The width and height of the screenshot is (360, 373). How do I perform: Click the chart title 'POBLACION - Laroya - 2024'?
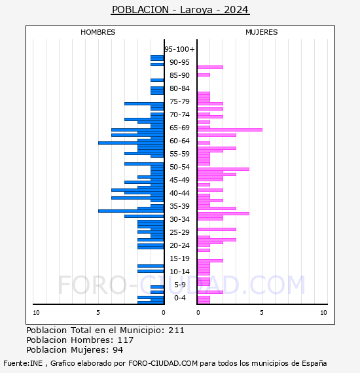[x=180, y=10]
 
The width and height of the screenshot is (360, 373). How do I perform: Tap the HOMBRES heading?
[x=98, y=32]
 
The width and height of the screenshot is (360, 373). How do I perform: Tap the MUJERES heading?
[x=262, y=32]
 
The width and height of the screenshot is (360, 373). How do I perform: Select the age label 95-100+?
[x=179, y=49]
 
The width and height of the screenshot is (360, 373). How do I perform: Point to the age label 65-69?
[x=179, y=128]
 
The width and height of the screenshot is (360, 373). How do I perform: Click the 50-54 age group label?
[x=179, y=167]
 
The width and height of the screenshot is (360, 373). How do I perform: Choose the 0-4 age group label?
[x=180, y=298]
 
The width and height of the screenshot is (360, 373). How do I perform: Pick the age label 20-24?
[x=179, y=245]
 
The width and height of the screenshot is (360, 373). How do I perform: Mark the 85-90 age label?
[x=179, y=75]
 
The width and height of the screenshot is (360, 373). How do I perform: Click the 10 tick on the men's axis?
[x=36, y=313]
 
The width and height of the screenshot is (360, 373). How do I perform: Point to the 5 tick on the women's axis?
[x=262, y=313]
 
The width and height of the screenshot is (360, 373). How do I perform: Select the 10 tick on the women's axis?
[x=323, y=313]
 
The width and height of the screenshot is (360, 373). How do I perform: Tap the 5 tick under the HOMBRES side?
[x=98, y=313]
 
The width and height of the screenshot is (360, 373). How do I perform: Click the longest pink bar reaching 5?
[x=230, y=130]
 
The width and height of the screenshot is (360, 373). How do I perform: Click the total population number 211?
[x=176, y=330]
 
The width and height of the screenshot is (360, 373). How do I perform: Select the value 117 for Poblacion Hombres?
[x=126, y=340]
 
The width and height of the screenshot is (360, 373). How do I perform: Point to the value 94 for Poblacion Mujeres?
[x=118, y=350]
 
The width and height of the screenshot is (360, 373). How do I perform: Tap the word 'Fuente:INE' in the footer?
[x=23, y=363]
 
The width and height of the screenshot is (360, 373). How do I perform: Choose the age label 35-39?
[x=179, y=206]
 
